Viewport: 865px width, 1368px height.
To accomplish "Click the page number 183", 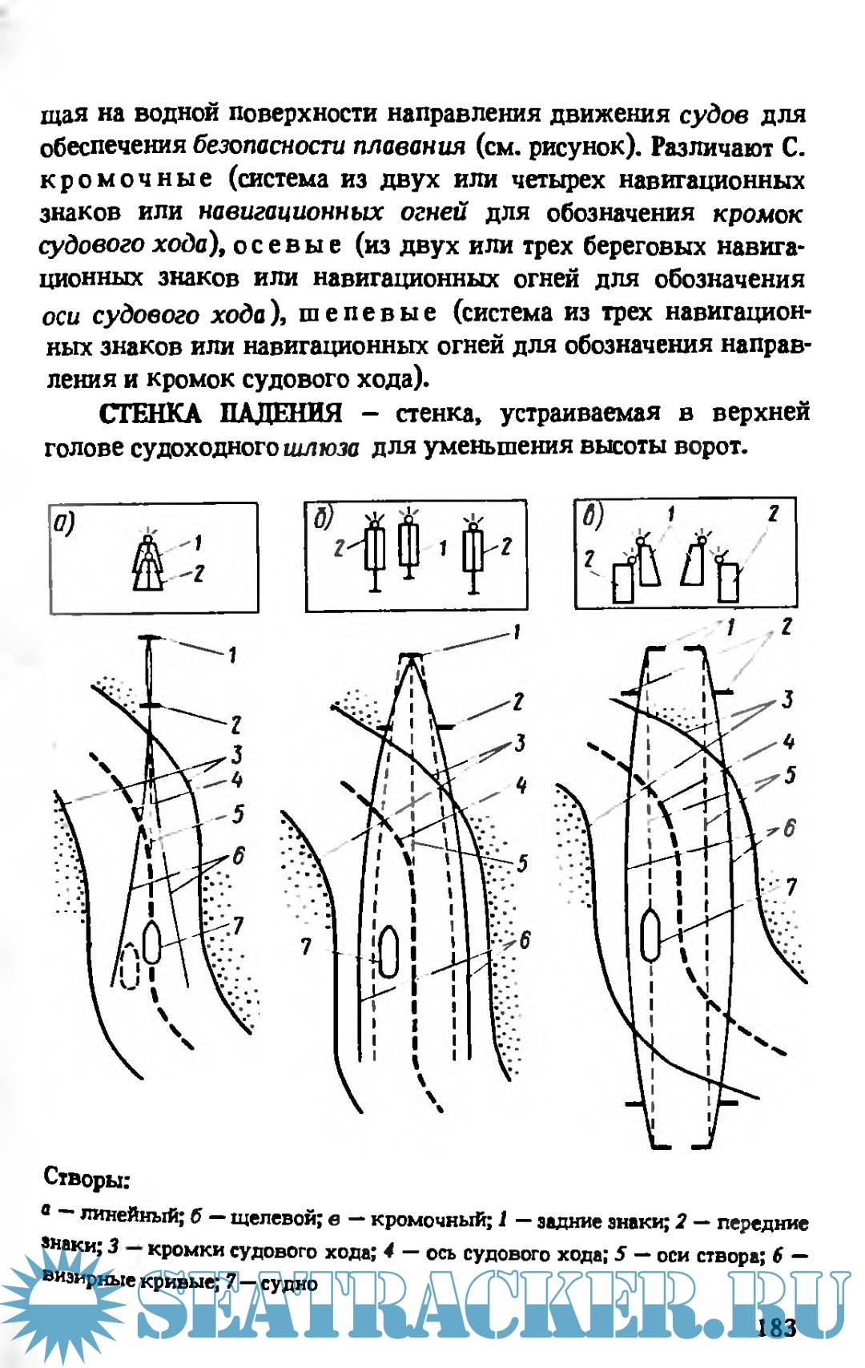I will point(776,1327).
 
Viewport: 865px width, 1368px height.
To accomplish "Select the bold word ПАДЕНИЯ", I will point(280,414).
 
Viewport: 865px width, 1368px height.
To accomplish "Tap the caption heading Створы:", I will point(86,1178).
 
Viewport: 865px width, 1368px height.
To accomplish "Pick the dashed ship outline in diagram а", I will point(129,966).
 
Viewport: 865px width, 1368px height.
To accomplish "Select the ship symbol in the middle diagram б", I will point(388,951).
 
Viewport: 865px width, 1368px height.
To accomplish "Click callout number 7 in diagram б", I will point(306,946).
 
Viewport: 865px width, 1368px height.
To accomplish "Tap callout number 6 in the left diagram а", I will point(239,856).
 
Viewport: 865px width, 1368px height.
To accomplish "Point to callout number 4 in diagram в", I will point(788,741).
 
